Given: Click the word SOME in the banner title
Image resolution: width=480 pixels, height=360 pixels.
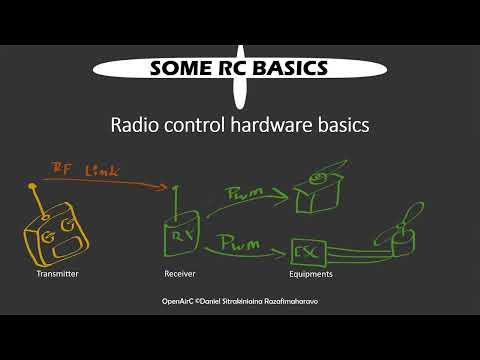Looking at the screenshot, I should pos(181,68).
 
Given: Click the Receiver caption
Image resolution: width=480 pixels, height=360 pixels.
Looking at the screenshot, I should pos(179,272).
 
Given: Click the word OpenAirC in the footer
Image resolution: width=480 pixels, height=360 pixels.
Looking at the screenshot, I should pos(179,300).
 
